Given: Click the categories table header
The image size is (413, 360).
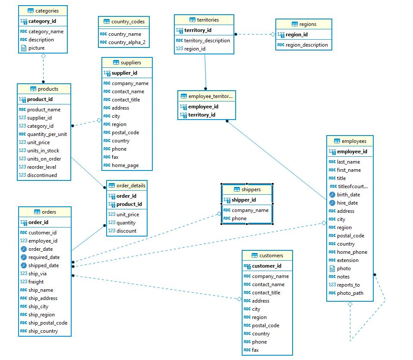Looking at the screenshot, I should (x=43, y=10).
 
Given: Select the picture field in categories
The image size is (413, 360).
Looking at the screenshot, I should (x=36, y=48).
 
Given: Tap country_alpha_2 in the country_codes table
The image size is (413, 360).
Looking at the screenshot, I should (x=126, y=42).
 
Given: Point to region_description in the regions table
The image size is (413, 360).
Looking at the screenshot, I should (x=306, y=45).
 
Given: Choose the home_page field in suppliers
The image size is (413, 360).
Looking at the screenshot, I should (x=125, y=165).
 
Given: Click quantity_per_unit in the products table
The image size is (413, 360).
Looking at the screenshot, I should (x=47, y=134).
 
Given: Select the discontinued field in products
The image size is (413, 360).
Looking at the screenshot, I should (x=42, y=175).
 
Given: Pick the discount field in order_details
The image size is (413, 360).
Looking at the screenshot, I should (x=126, y=231).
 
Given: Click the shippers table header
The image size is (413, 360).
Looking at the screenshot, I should (x=247, y=189).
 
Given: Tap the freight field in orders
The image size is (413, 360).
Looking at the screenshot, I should (x=36, y=282).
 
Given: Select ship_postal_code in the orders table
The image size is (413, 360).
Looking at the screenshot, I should (x=47, y=323).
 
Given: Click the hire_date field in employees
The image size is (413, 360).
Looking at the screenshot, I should (x=347, y=203).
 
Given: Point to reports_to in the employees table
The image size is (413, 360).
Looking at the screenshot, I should (x=348, y=285).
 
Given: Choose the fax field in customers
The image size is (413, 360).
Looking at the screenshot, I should (x=255, y=350).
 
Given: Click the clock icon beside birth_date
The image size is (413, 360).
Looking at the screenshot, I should (x=332, y=195).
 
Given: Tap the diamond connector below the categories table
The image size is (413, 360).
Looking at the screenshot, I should (x=43, y=56).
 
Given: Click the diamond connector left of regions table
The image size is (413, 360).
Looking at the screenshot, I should (x=273, y=34).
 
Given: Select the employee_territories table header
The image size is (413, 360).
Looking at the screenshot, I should (x=207, y=96).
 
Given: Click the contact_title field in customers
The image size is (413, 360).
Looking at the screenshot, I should (x=266, y=293).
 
